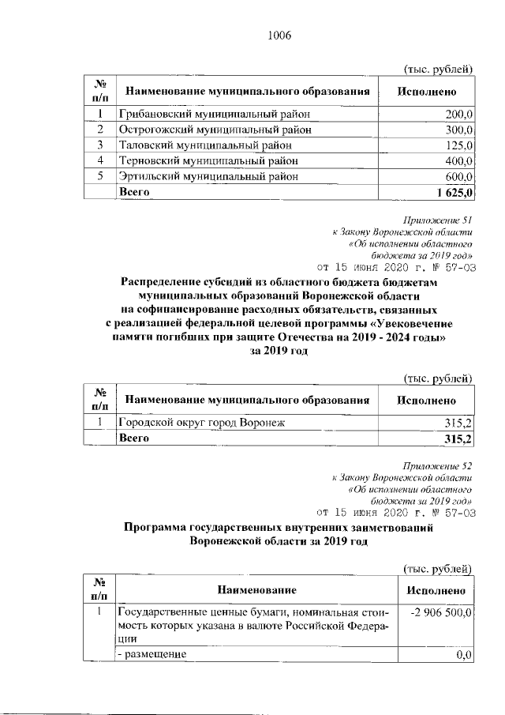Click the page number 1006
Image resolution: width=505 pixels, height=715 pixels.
[280, 35]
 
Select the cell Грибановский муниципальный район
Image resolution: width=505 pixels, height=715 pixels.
[214, 115]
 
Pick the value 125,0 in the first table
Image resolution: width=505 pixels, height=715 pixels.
[458, 145]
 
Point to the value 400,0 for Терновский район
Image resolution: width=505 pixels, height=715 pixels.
[458, 160]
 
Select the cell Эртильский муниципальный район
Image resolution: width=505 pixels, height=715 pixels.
[208, 176]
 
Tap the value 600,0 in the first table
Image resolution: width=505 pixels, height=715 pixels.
[458, 176]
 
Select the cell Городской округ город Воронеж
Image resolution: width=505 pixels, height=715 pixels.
[201, 423]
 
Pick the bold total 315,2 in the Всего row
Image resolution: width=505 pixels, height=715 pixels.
[458, 438]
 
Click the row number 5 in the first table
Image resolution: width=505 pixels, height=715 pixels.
[100, 176]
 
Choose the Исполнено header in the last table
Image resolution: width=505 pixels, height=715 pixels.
[436, 590]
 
